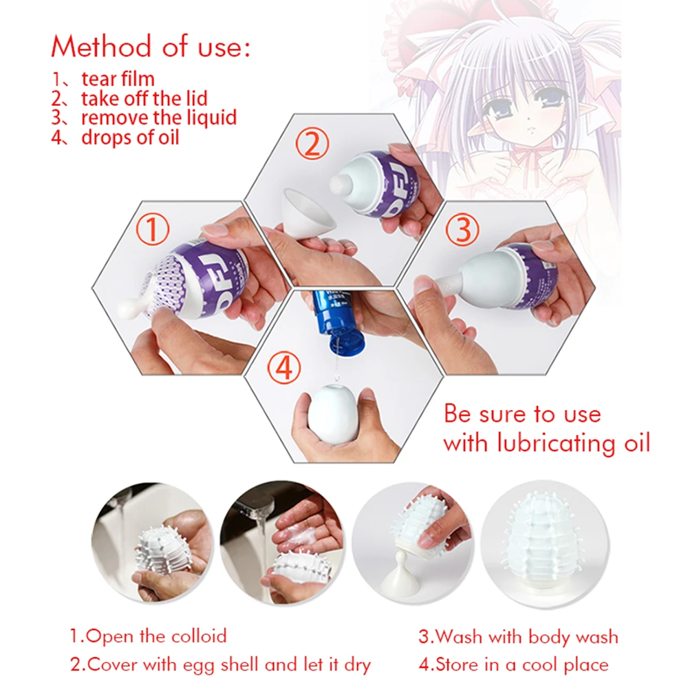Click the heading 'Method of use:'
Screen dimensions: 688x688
tap(150, 47)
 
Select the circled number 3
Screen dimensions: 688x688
tap(464, 228)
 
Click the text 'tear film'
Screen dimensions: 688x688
tap(118, 79)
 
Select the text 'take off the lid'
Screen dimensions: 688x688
tap(144, 98)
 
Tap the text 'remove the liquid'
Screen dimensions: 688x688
tap(158, 118)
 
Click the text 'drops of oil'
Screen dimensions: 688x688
tap(130, 137)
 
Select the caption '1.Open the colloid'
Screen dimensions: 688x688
tap(148, 636)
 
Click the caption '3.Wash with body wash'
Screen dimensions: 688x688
tap(518, 636)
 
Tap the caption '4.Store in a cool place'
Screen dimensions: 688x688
tap(513, 665)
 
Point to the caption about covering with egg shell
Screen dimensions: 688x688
tap(220, 665)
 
